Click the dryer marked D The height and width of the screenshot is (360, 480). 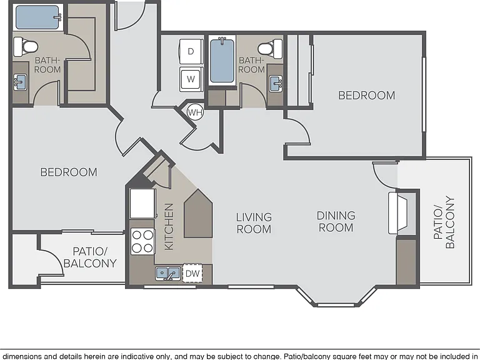(191, 51)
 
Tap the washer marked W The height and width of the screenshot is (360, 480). (191, 79)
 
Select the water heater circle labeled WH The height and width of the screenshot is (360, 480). (195, 112)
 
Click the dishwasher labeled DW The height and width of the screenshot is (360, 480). (192, 273)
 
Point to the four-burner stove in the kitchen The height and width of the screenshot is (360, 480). (142, 241)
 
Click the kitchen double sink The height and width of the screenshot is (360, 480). (167, 272)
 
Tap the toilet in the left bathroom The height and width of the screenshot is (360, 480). (26, 47)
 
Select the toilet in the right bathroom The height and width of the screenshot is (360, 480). (270, 49)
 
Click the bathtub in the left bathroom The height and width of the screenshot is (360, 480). (38, 17)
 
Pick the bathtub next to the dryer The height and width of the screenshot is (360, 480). (222, 61)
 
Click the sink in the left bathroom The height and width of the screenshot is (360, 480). (20, 82)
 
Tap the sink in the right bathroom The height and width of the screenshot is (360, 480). (276, 84)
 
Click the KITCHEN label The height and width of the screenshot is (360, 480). (169, 226)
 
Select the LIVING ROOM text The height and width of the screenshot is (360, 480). (254, 223)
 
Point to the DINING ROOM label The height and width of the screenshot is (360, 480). (336, 222)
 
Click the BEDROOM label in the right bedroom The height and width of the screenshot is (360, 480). (366, 96)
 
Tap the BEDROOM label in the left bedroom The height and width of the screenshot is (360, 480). (69, 172)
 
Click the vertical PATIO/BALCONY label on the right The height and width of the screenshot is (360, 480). (444, 222)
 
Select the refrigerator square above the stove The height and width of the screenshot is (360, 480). (142, 203)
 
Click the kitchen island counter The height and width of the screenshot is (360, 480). (198, 213)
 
